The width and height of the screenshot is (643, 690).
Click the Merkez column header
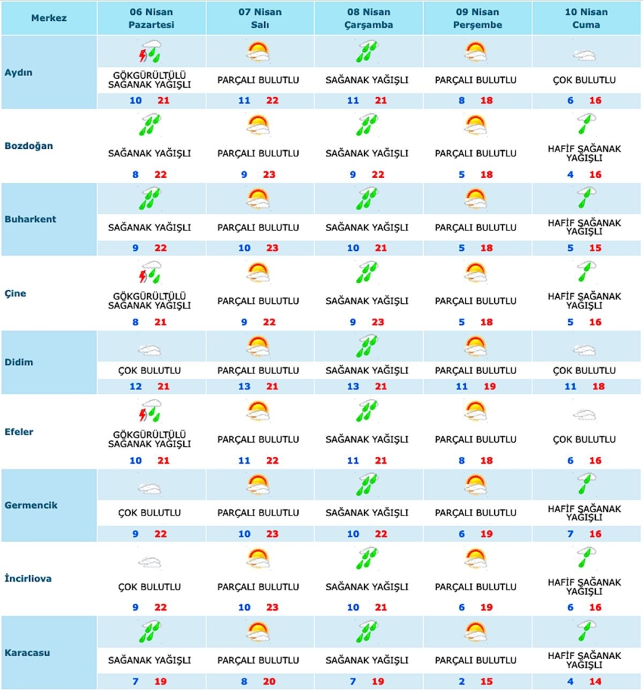[49, 18]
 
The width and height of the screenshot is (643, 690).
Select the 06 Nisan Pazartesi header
[151, 18]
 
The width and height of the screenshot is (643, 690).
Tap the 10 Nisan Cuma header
[586, 18]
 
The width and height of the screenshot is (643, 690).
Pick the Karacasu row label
[27, 652]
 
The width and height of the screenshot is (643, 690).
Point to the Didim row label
[19, 362]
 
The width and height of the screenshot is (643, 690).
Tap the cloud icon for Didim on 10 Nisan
[585, 350]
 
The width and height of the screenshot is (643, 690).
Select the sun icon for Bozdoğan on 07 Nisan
[258, 125]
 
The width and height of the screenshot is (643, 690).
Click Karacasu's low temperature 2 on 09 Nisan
[462, 681]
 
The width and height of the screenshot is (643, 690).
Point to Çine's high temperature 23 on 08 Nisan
[377, 322]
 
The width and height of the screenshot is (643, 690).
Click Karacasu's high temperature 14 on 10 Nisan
[595, 681]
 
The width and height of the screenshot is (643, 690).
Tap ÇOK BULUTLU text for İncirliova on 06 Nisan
[150, 587]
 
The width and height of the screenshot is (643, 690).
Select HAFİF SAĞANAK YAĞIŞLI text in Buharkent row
[584, 227]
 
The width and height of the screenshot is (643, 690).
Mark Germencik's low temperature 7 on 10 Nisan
[570, 534]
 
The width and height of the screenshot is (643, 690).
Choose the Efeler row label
[19, 431]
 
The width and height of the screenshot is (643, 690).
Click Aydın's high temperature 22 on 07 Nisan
[272, 100]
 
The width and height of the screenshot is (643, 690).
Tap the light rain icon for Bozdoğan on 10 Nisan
[586, 125]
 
